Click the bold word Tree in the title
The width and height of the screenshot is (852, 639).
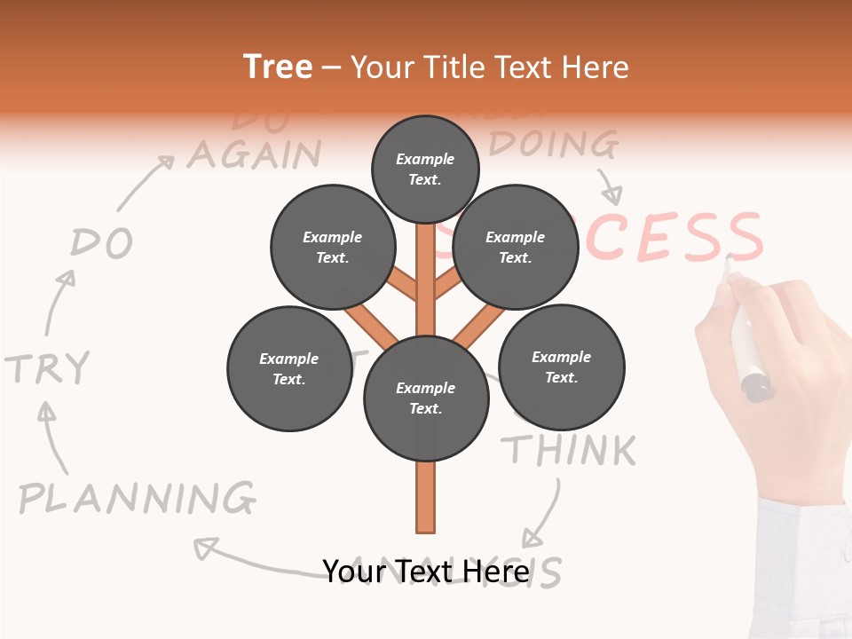(x=278, y=67)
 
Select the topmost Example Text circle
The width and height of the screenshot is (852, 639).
(x=425, y=169)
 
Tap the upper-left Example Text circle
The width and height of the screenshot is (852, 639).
(x=332, y=248)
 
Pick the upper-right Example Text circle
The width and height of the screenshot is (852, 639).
(x=515, y=248)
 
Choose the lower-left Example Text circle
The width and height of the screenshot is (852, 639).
(x=289, y=368)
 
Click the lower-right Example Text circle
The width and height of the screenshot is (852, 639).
(x=561, y=367)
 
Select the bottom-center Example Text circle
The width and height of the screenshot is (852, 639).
(x=426, y=398)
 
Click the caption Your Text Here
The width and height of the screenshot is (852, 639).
(x=425, y=571)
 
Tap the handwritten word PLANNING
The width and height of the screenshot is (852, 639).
(x=138, y=498)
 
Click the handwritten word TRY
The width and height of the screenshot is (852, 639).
(x=48, y=367)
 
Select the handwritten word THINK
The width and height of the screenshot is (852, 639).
(x=572, y=450)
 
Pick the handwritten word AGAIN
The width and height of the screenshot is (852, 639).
(x=254, y=154)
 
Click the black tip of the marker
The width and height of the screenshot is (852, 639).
(x=756, y=387)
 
